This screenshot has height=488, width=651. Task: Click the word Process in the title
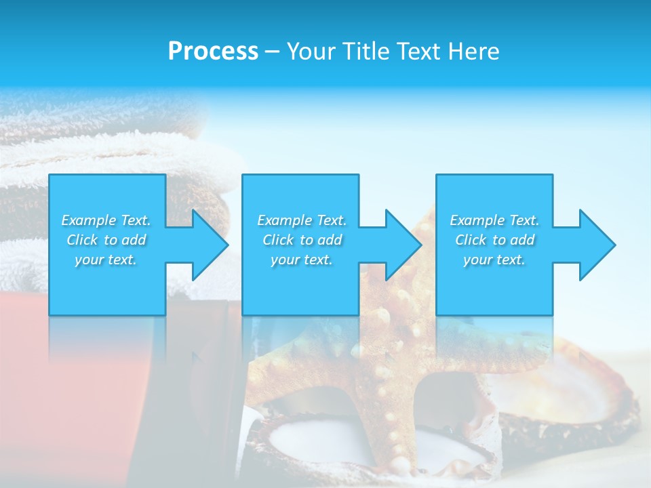213,52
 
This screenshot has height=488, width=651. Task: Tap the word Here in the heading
474,52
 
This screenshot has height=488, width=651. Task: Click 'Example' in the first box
89,220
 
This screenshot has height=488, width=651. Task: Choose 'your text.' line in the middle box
301,260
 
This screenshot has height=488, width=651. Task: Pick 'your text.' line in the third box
494,260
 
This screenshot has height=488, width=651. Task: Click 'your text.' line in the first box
106,260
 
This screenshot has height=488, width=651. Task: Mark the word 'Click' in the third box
471,240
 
